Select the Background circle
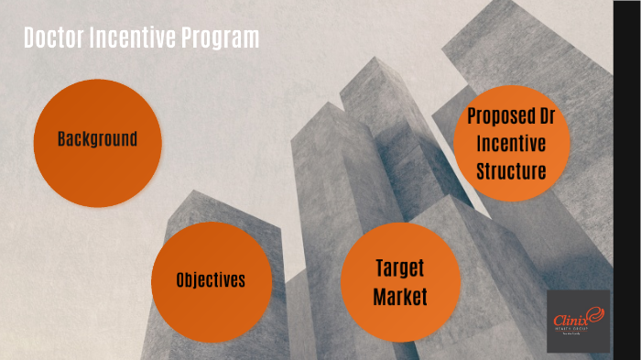[97, 140]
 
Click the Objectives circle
[211, 280]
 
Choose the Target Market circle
[400, 282]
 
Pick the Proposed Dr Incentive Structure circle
[511, 144]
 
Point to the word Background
[97, 140]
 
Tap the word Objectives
[211, 280]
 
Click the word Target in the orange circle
[401, 268]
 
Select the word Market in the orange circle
[401, 297]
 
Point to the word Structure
[511, 170]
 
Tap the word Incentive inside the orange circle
[511, 144]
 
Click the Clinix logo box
[578, 321]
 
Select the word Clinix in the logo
[570, 320]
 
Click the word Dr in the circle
[548, 116]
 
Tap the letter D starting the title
[28, 38]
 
